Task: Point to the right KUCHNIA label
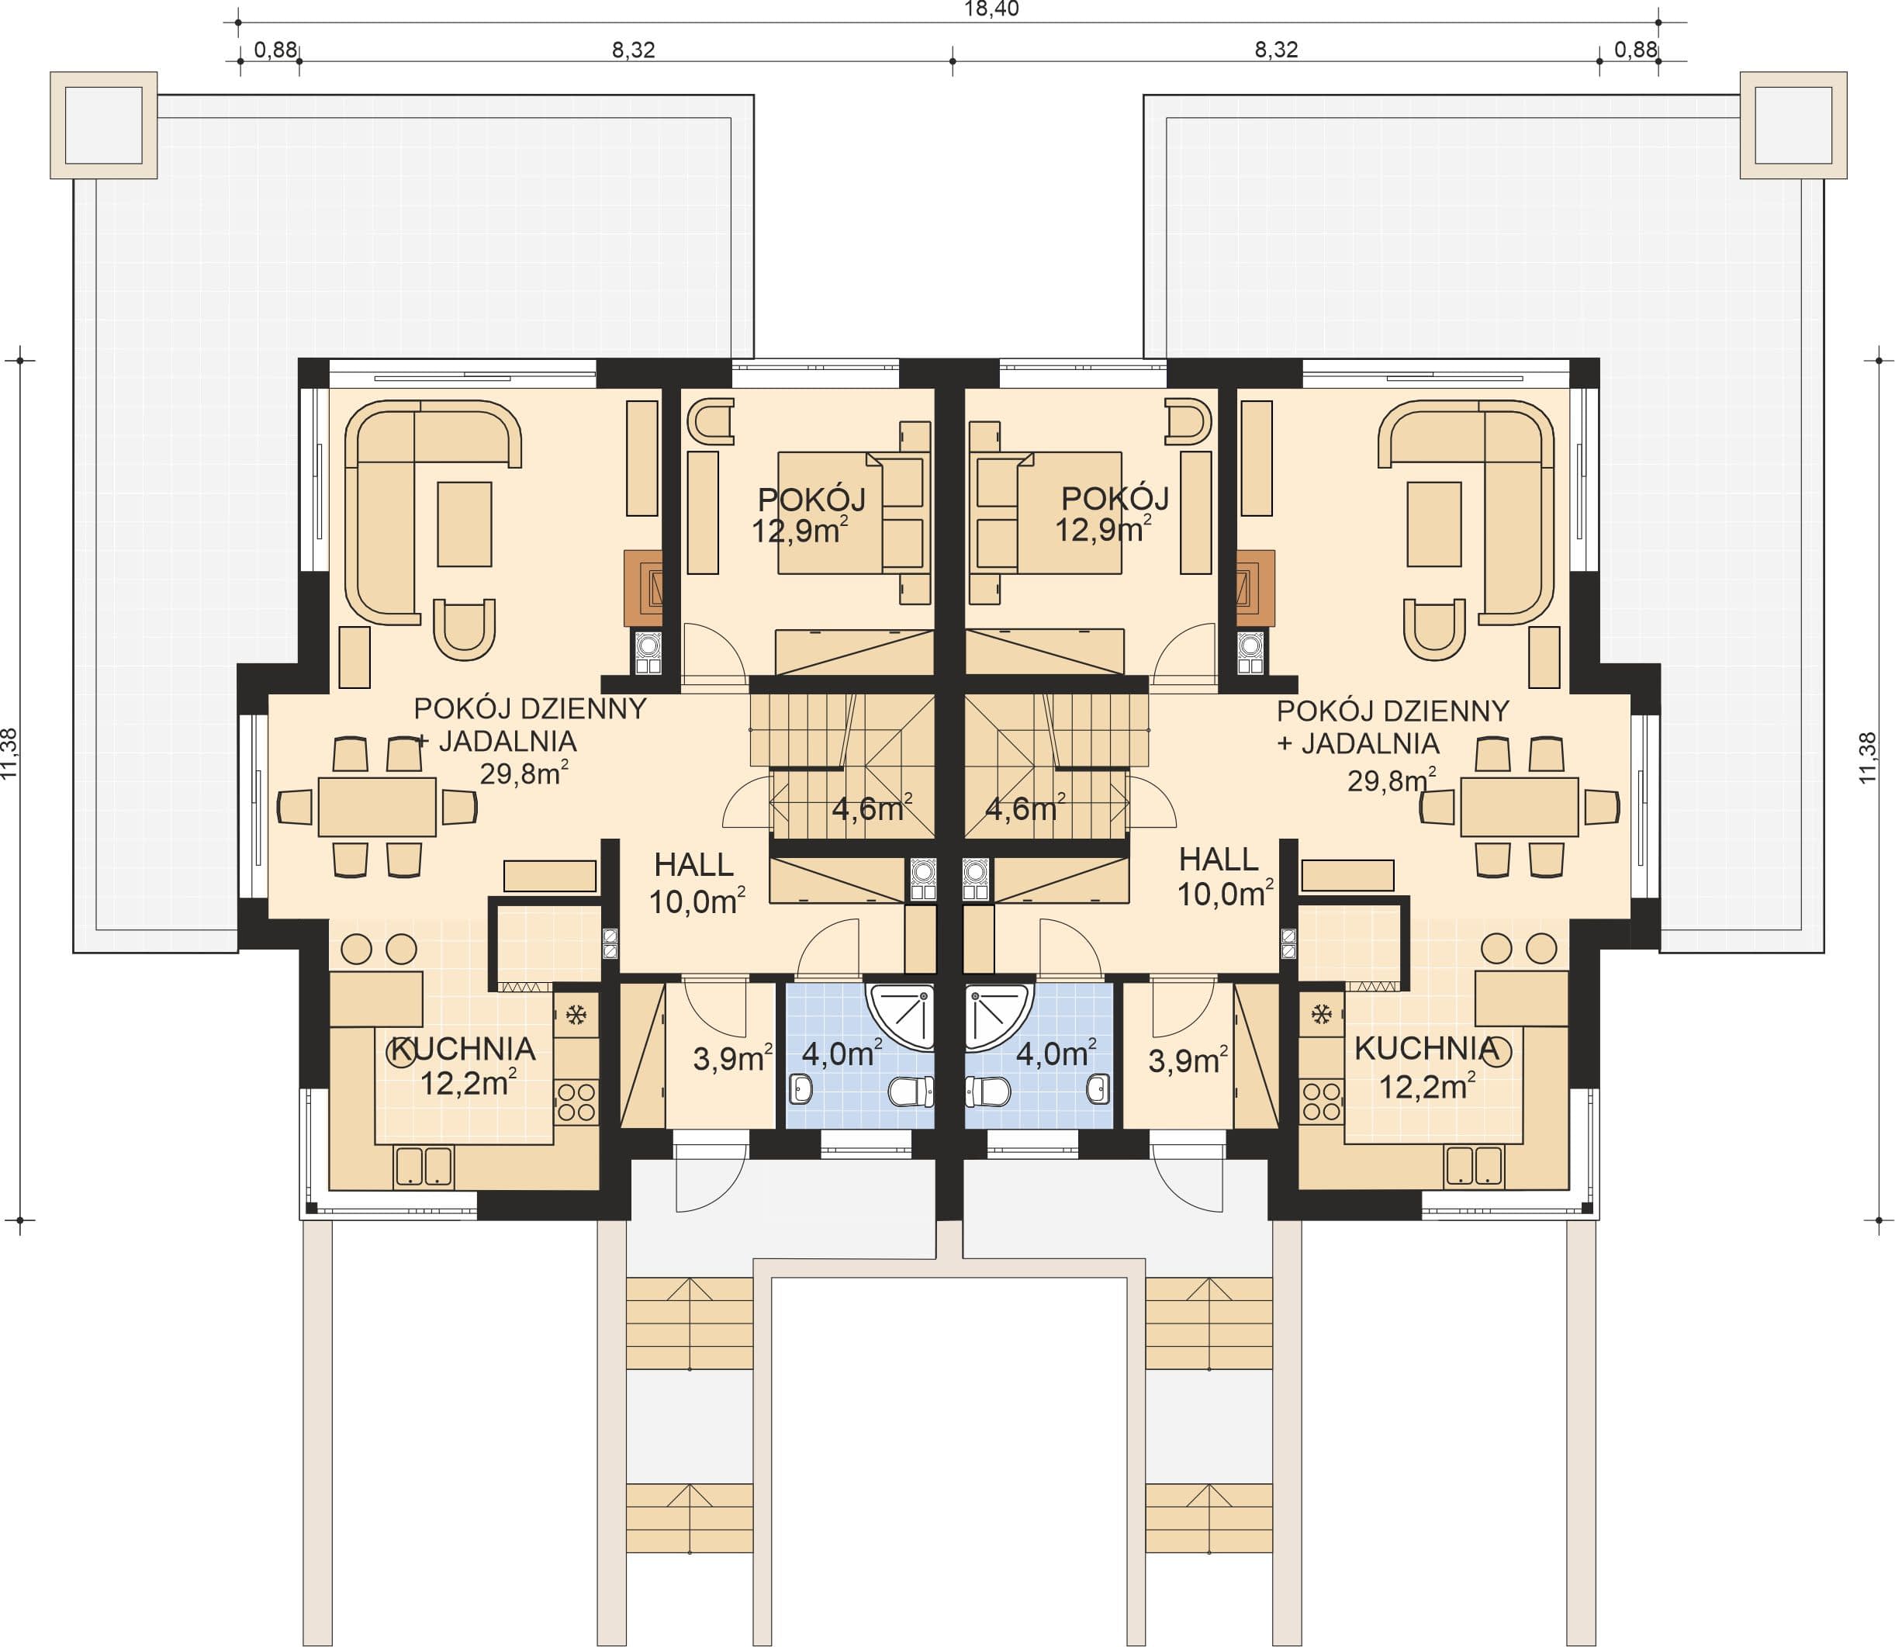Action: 1426,1048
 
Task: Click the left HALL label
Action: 694,864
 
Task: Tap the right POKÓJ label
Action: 1115,498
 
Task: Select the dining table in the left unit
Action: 377,807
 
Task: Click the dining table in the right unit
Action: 1518,807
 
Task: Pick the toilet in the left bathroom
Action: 911,1092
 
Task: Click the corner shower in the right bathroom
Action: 999,1016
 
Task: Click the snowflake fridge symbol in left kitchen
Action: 576,1015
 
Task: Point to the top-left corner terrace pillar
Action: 104,125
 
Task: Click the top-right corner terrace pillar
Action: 1793,125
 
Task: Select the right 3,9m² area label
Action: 1188,1061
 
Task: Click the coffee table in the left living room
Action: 464,524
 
